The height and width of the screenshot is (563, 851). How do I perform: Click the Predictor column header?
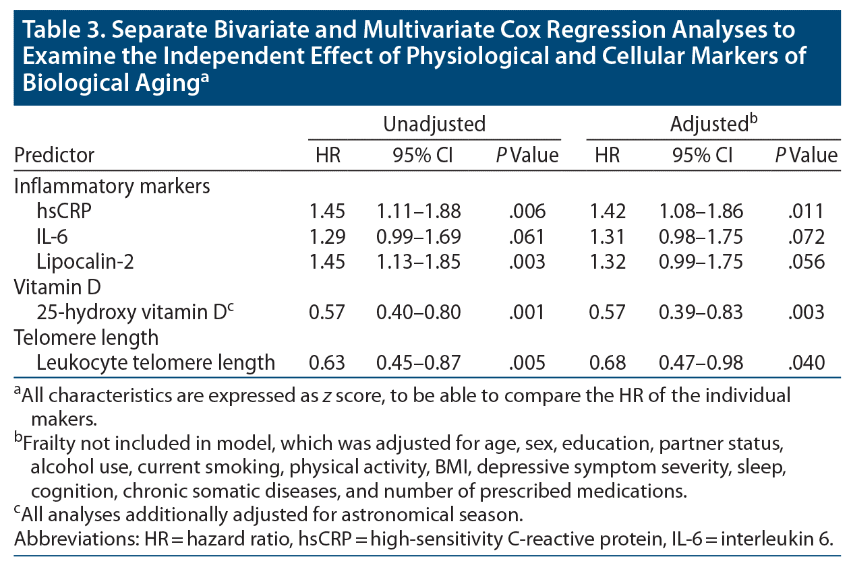pos(55,156)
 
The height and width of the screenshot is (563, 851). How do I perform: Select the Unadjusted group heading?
pos(434,124)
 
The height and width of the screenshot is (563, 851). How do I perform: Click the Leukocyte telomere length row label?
pos(156,362)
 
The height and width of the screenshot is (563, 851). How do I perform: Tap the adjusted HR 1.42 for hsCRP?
pos(607,211)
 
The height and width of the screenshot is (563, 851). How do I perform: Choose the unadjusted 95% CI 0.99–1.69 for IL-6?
pos(419,236)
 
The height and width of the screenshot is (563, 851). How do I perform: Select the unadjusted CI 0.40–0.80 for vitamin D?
pos(419,312)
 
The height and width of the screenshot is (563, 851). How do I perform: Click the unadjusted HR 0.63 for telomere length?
pos(326,362)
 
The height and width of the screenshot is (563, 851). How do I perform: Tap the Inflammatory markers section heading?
pos(112,187)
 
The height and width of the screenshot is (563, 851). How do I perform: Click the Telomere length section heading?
pos(86,337)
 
